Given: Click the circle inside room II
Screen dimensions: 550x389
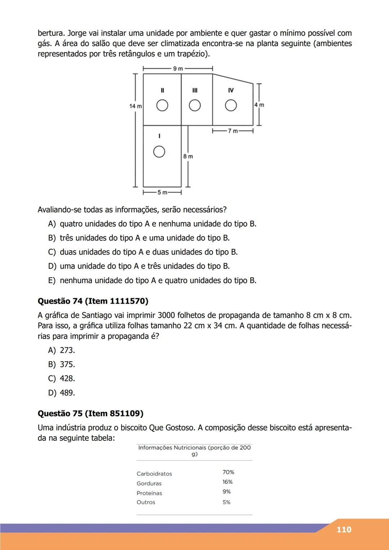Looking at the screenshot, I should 162,106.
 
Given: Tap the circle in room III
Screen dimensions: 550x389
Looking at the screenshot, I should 195,106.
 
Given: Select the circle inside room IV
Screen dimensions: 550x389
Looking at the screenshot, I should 231,106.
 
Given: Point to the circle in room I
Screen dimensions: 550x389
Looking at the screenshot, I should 159,152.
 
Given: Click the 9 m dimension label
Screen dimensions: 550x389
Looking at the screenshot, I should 178,68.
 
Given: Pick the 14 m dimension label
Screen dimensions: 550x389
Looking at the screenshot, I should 135,106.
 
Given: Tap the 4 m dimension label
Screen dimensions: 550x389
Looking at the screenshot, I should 259,105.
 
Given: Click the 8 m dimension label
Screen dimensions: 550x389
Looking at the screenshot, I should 188,156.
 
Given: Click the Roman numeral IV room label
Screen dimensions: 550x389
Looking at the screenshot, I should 231,90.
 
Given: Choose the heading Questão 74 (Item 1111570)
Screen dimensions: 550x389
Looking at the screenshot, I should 93,301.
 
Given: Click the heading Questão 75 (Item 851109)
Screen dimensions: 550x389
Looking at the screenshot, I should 90,413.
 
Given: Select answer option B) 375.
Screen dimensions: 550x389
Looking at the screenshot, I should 62,365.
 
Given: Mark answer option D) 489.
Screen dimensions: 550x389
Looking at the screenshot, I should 62,393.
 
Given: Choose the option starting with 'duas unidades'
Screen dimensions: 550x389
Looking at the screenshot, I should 148,252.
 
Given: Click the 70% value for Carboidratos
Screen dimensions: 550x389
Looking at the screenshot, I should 228,472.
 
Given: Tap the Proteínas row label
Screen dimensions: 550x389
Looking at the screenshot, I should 149,493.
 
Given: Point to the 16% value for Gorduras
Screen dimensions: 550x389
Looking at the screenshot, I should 228,482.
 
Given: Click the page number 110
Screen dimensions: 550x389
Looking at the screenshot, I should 344,529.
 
